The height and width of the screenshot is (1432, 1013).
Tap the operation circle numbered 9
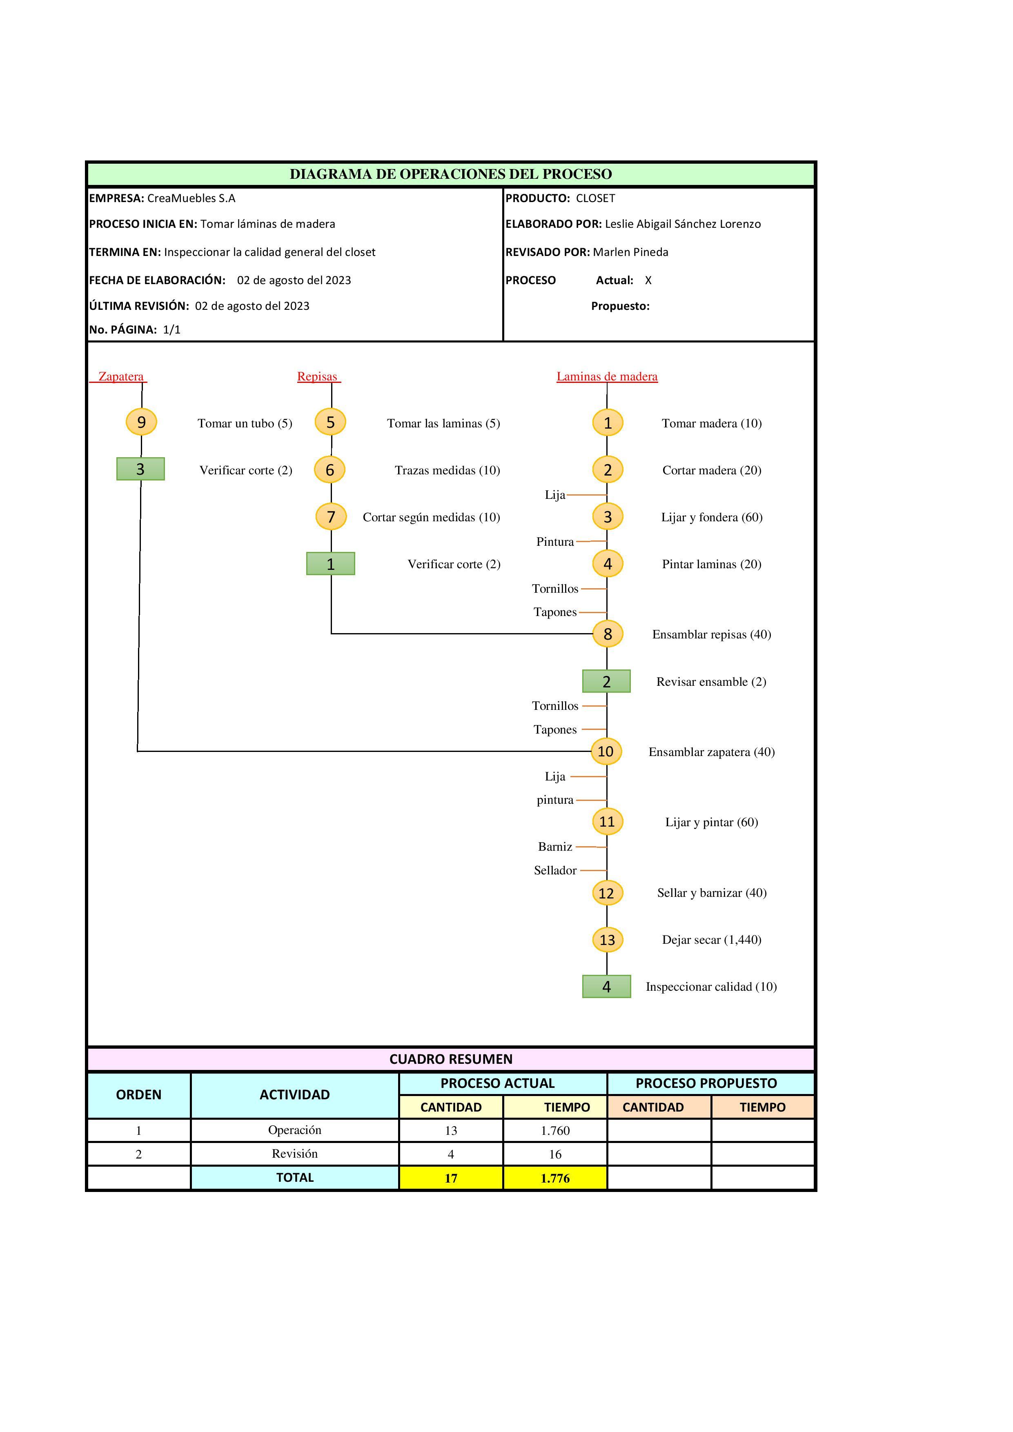click(142, 422)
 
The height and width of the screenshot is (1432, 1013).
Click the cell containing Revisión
click(294, 1154)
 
